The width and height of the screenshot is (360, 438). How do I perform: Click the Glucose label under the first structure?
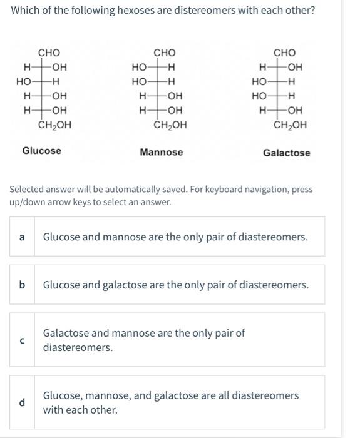tap(42, 151)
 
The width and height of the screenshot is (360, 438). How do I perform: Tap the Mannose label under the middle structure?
tap(162, 152)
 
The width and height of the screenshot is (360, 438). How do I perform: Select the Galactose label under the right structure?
tap(286, 153)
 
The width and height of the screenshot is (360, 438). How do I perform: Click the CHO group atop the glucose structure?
tap(49, 53)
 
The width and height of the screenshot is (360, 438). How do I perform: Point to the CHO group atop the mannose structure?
tap(165, 53)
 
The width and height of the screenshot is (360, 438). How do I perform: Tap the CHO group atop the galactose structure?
tap(285, 53)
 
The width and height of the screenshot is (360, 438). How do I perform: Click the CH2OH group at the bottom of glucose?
tap(54, 125)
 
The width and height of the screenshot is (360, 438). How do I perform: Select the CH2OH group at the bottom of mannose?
tap(170, 125)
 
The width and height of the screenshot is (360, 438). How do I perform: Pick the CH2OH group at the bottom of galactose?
tap(291, 125)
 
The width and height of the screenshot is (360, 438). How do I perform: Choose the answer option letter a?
tap(22, 237)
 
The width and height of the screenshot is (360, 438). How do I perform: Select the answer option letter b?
tap(22, 285)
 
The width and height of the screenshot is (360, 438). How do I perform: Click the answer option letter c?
tap(22, 340)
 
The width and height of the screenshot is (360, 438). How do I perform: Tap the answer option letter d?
tap(22, 402)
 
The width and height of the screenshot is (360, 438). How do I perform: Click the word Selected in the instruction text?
tap(26, 189)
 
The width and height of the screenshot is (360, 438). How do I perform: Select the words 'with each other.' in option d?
tap(80, 410)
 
